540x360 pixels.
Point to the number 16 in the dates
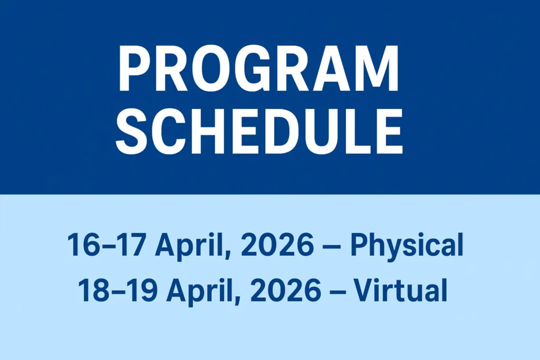79,246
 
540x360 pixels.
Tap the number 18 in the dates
90,290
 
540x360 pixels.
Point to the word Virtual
401,290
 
